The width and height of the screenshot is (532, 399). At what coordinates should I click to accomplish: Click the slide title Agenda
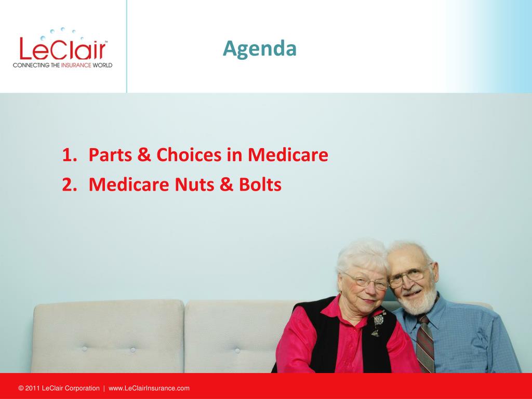click(260, 49)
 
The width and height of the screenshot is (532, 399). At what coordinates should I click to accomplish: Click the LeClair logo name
click(63, 49)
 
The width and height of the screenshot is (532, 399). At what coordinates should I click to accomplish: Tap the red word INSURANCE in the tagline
click(76, 65)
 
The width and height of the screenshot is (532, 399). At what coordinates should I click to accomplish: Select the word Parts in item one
click(110, 155)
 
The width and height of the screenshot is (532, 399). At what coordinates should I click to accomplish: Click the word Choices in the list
click(189, 155)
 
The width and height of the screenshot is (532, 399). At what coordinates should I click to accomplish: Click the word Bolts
click(260, 184)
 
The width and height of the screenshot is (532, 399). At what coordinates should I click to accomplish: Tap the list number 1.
click(70, 155)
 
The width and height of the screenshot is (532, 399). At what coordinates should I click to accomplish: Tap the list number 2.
click(70, 184)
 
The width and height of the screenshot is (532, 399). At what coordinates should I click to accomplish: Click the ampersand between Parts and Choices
click(144, 155)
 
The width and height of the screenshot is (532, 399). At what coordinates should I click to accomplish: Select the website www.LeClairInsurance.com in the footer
click(149, 388)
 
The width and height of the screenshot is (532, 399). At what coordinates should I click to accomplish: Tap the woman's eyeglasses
click(366, 281)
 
